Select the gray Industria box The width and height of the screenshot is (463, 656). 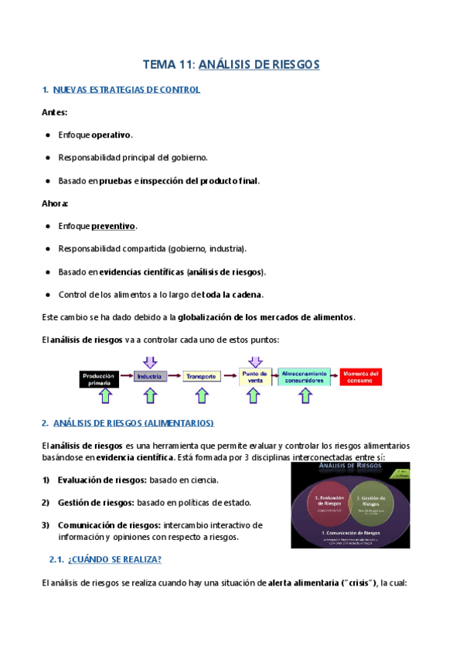click(150, 377)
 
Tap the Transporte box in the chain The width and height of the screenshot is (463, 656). click(200, 377)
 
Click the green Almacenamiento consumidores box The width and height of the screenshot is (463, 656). click(305, 377)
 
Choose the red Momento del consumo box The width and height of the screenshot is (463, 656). click(361, 377)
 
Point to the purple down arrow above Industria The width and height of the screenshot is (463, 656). click(150, 360)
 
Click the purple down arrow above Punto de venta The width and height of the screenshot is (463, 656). click(254, 360)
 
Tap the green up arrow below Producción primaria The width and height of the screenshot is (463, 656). click(106, 395)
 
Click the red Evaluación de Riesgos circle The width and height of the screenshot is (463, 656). click(331, 501)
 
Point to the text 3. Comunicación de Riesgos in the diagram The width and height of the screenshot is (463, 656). click(350, 532)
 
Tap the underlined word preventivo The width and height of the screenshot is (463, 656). click(114, 227)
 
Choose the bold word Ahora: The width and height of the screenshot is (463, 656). click(55, 203)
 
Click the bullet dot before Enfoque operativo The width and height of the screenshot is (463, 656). click(49, 135)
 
